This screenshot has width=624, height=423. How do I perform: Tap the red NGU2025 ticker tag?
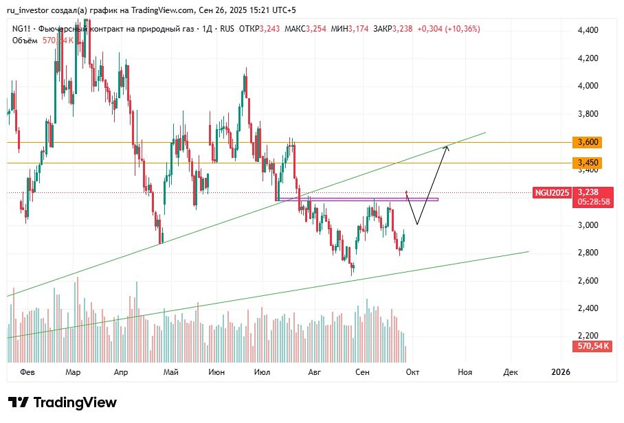(553, 193)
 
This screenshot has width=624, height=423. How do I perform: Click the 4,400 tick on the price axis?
(588, 30)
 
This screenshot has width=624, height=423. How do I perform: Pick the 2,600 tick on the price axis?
(588, 281)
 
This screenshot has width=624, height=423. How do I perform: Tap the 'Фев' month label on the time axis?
(27, 372)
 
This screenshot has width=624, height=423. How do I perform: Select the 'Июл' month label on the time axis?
(261, 372)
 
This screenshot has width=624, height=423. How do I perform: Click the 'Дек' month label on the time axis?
(510, 372)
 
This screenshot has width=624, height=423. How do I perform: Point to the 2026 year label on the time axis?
(561, 372)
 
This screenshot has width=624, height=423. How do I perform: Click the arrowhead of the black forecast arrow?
(447, 147)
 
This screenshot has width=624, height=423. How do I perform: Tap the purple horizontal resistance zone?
(357, 199)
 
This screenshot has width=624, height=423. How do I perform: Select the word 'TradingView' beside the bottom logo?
(75, 402)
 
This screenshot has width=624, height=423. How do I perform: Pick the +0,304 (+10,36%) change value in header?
(448, 29)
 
